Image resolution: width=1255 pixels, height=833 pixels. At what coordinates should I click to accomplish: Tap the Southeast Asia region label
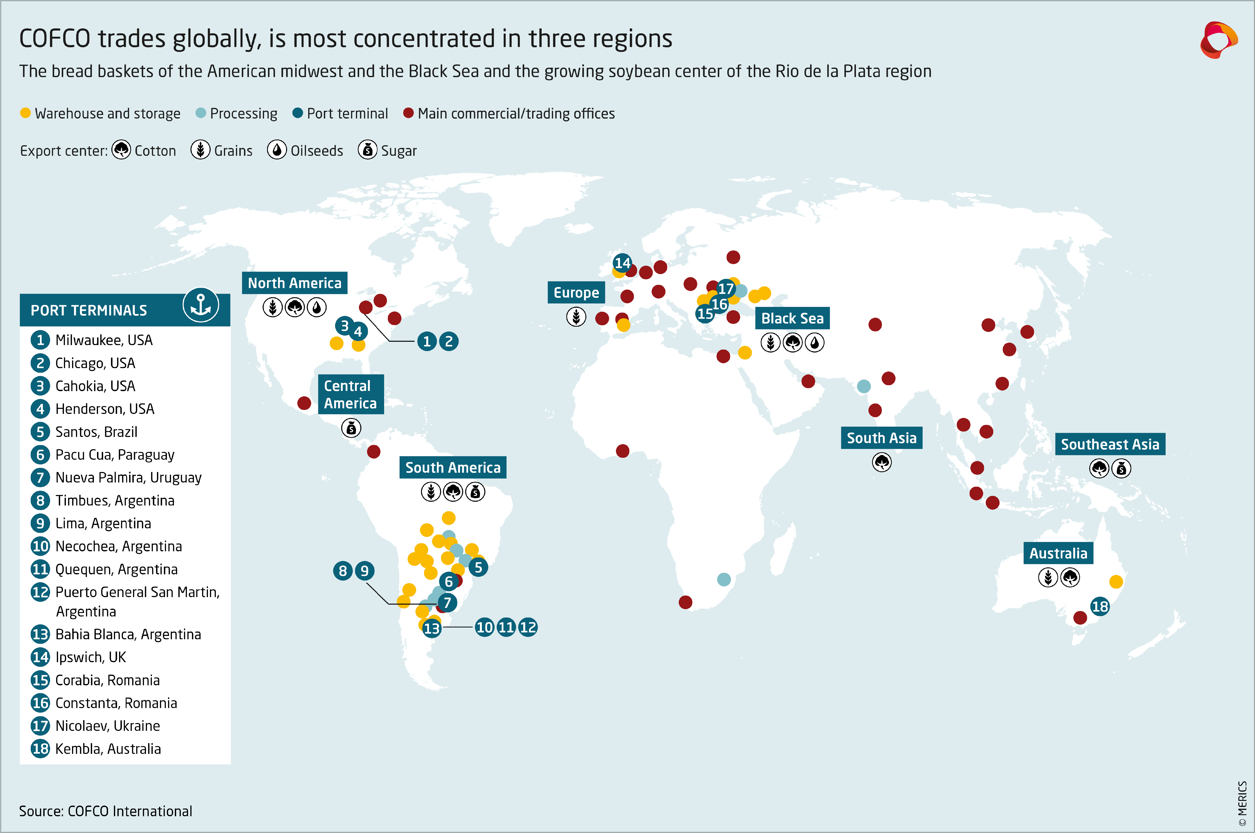click(x=1110, y=444)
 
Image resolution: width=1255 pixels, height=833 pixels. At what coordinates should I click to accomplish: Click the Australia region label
click(x=1058, y=553)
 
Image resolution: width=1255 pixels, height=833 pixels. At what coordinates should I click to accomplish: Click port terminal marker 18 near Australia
click(x=1100, y=606)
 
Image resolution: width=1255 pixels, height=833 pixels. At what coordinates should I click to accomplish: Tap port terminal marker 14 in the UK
click(x=622, y=262)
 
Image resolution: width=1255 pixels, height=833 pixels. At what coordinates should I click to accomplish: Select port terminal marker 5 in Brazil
click(x=478, y=567)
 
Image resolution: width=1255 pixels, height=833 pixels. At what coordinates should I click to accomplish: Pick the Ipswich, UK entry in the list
click(x=90, y=657)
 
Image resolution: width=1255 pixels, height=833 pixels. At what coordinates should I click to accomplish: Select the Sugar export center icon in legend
click(x=367, y=150)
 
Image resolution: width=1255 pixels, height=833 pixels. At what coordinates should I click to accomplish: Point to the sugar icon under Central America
click(x=351, y=428)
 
